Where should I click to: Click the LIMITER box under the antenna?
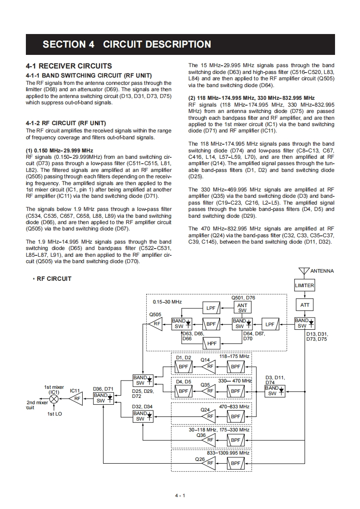[x=304, y=285]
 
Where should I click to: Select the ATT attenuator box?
[x=305, y=305]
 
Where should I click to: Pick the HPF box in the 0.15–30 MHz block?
[x=212, y=343]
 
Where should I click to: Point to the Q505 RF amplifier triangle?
[x=156, y=323]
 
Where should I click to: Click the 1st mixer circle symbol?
[x=54, y=399]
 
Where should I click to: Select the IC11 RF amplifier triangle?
[x=76, y=399]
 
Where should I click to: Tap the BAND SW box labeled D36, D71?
[x=101, y=398]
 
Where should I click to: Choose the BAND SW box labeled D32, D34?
[x=140, y=416]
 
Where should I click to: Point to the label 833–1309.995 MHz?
[x=228, y=453]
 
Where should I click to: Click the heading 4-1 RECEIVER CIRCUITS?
[x=69, y=66]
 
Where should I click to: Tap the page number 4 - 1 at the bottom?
[x=180, y=495]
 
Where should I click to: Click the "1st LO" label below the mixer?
[x=54, y=414]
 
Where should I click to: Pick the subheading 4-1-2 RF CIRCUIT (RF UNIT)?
[x=66, y=123]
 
